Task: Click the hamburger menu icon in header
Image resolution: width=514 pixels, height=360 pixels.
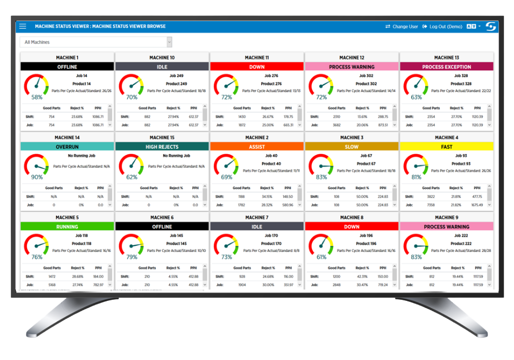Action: coord(23,26)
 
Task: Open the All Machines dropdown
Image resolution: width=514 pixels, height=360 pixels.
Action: coord(96,42)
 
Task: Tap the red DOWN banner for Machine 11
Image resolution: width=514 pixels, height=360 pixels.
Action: coord(256,67)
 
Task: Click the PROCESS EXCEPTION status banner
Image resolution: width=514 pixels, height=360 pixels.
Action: coord(446,67)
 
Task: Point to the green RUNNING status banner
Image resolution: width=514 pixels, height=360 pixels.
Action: coord(67,226)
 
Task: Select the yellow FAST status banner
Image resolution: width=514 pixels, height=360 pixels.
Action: coord(446,147)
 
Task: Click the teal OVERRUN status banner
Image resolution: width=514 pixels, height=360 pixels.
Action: coord(67,147)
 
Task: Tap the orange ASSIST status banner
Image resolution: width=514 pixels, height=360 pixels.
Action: coord(256,147)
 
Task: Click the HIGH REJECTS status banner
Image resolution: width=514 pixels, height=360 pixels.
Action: coord(162,147)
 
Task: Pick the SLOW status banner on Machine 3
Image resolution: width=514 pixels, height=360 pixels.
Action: coord(352,147)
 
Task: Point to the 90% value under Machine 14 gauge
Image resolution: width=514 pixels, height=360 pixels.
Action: coord(37,177)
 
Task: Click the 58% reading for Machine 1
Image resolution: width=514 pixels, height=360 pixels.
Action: coord(37,97)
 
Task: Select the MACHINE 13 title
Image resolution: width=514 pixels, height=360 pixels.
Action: coord(446,58)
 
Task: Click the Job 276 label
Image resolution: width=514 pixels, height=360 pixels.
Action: coord(271,76)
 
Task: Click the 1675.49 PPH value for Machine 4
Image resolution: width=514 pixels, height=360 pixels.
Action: coord(478,205)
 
